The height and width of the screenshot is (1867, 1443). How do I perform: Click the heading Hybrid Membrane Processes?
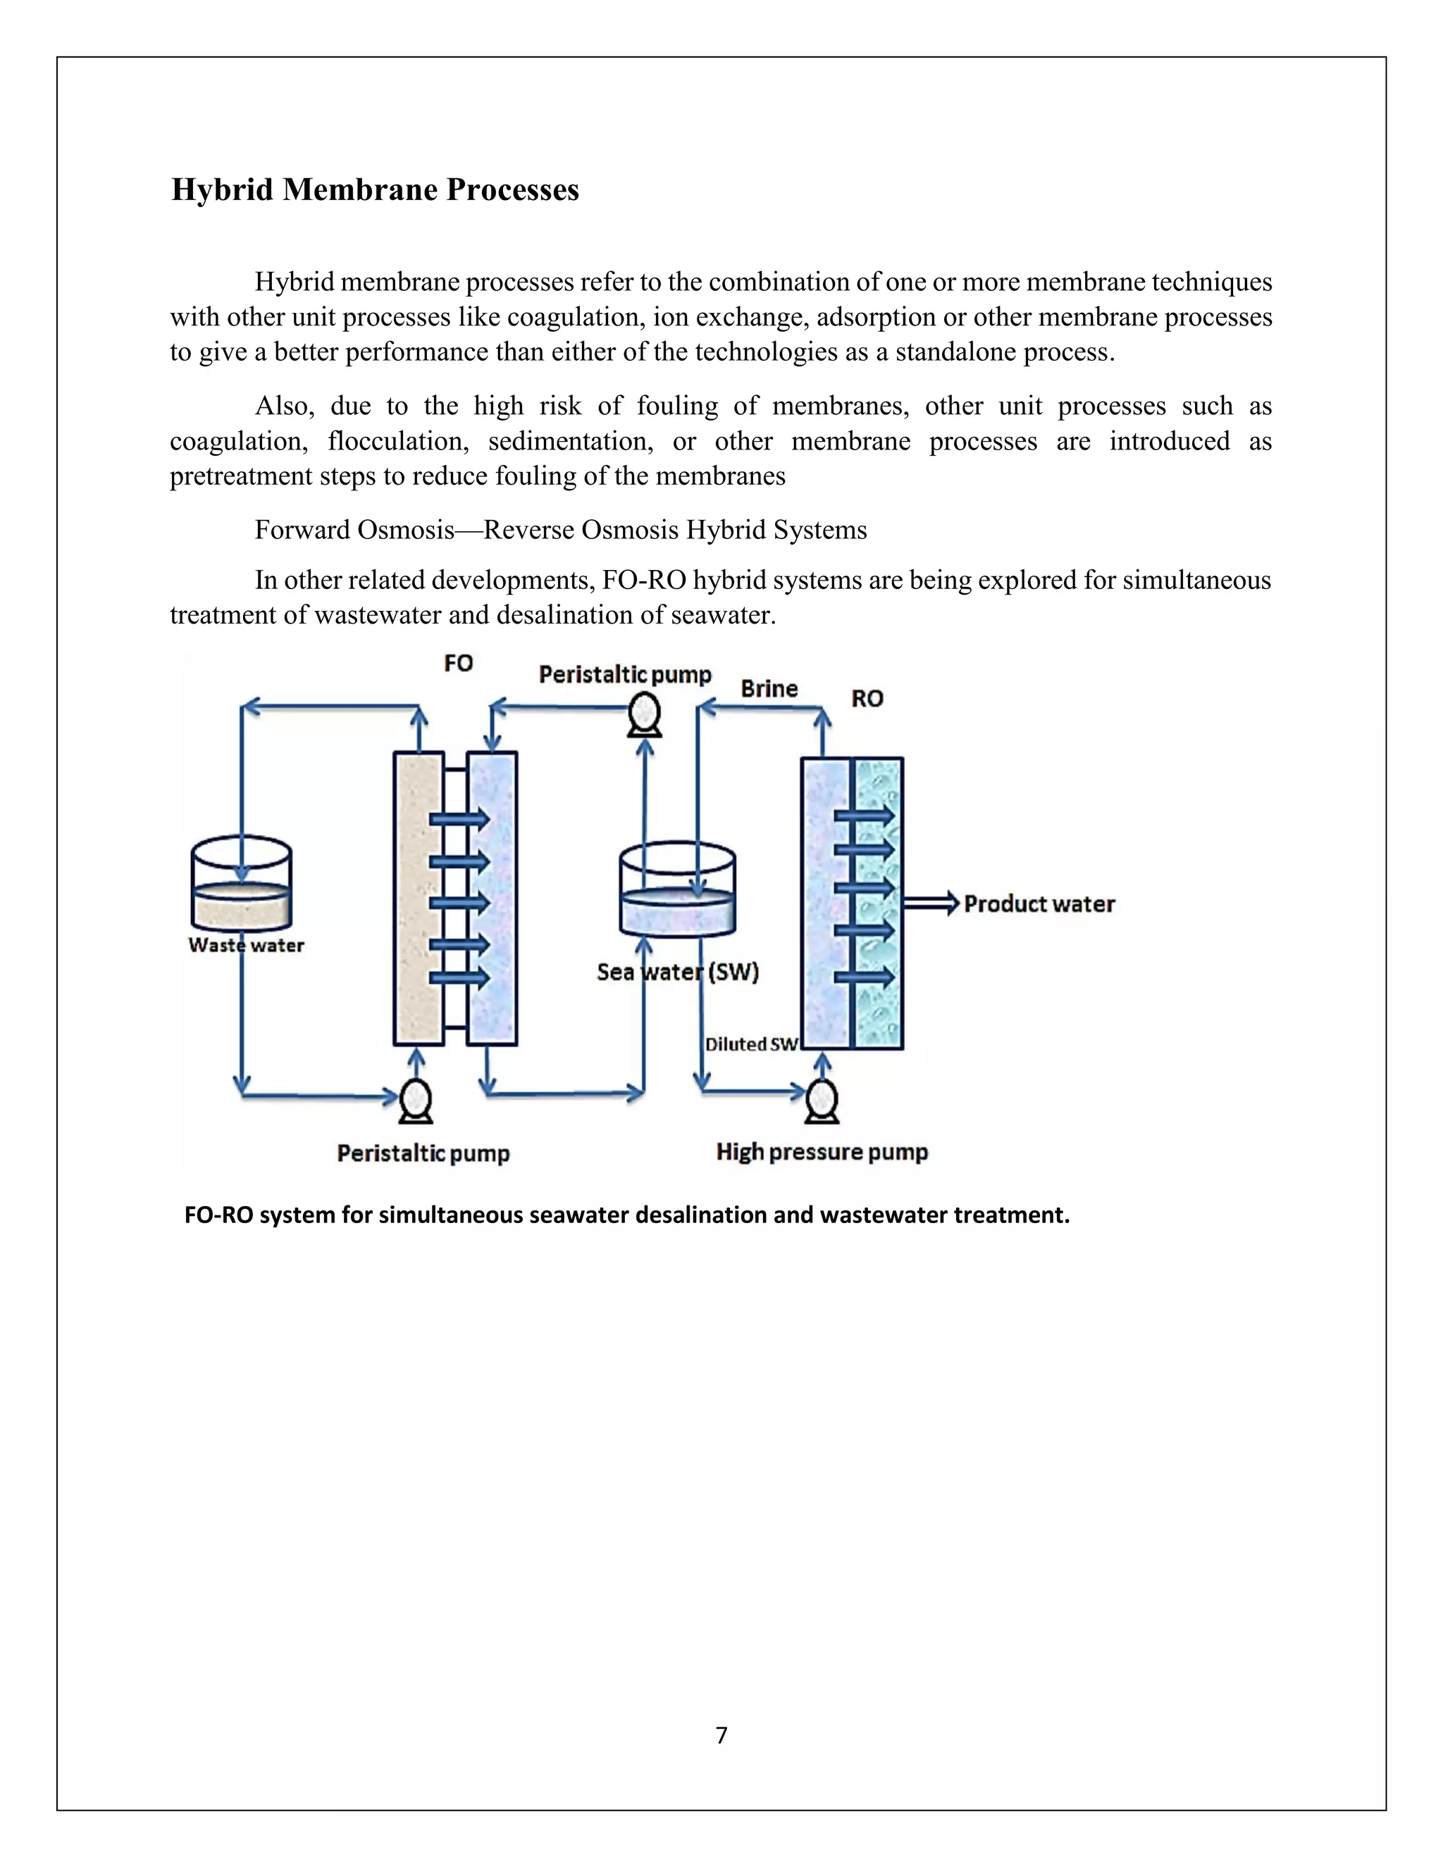pyautogui.click(x=376, y=190)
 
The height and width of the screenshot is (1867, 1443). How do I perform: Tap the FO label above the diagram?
pyautogui.click(x=458, y=664)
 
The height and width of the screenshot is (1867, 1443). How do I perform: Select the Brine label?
pyautogui.click(x=769, y=689)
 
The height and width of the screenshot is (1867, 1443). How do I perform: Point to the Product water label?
pyautogui.click(x=1039, y=904)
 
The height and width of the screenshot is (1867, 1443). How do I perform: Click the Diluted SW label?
pyautogui.click(x=751, y=1044)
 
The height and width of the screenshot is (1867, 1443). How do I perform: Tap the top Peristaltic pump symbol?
pyautogui.click(x=645, y=714)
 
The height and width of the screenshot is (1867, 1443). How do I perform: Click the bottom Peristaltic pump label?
pyautogui.click(x=423, y=1153)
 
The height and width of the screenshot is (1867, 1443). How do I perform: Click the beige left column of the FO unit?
pyautogui.click(x=418, y=898)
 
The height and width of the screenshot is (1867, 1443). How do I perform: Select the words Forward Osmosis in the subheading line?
pyautogui.click(x=354, y=530)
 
